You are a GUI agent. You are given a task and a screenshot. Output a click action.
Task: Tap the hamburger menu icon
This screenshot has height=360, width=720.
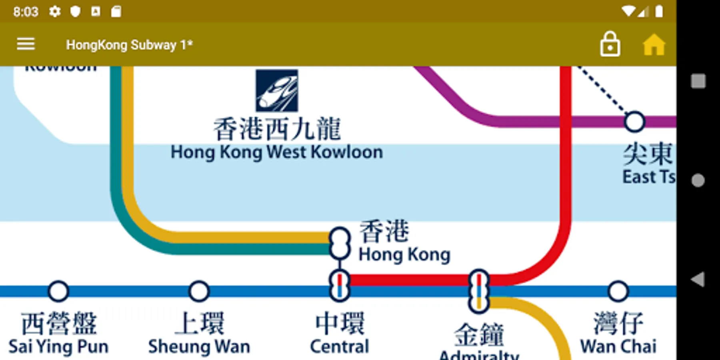26,44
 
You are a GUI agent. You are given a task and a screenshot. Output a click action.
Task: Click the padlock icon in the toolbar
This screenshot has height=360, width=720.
610,44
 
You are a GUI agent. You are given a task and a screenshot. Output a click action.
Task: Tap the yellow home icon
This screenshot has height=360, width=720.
654,44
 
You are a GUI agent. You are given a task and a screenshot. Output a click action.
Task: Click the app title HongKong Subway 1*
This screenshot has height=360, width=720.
129,45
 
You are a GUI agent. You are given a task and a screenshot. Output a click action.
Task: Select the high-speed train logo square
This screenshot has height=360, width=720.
277,90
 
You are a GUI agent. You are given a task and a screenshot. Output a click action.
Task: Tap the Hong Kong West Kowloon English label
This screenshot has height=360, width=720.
276,152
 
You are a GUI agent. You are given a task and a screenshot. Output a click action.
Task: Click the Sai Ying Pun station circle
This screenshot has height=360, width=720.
58,291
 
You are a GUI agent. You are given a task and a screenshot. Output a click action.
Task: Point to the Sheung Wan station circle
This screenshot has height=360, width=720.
199,291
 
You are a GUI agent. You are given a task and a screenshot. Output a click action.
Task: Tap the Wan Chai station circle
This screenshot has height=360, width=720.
618,291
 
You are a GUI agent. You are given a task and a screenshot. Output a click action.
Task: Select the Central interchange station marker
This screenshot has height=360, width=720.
340,286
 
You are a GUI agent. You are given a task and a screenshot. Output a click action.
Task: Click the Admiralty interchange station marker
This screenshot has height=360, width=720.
479,291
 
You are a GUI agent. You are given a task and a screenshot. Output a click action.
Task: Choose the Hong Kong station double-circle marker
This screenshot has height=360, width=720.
340,243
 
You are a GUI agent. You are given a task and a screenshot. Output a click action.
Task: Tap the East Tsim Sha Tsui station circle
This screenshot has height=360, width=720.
634,122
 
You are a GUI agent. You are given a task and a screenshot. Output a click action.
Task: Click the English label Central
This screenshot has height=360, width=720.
340,346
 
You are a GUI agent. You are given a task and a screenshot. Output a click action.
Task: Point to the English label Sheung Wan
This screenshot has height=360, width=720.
199,346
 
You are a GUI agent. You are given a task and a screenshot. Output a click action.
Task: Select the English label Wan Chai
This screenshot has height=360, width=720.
618,346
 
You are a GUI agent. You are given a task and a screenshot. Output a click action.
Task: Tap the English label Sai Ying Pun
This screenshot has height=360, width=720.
58,346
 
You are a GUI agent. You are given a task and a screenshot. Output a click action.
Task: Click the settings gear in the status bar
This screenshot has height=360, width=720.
55,12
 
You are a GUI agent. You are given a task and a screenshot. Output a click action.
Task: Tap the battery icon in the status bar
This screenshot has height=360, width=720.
659,12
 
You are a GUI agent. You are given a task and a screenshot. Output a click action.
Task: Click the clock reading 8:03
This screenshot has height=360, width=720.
26,12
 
